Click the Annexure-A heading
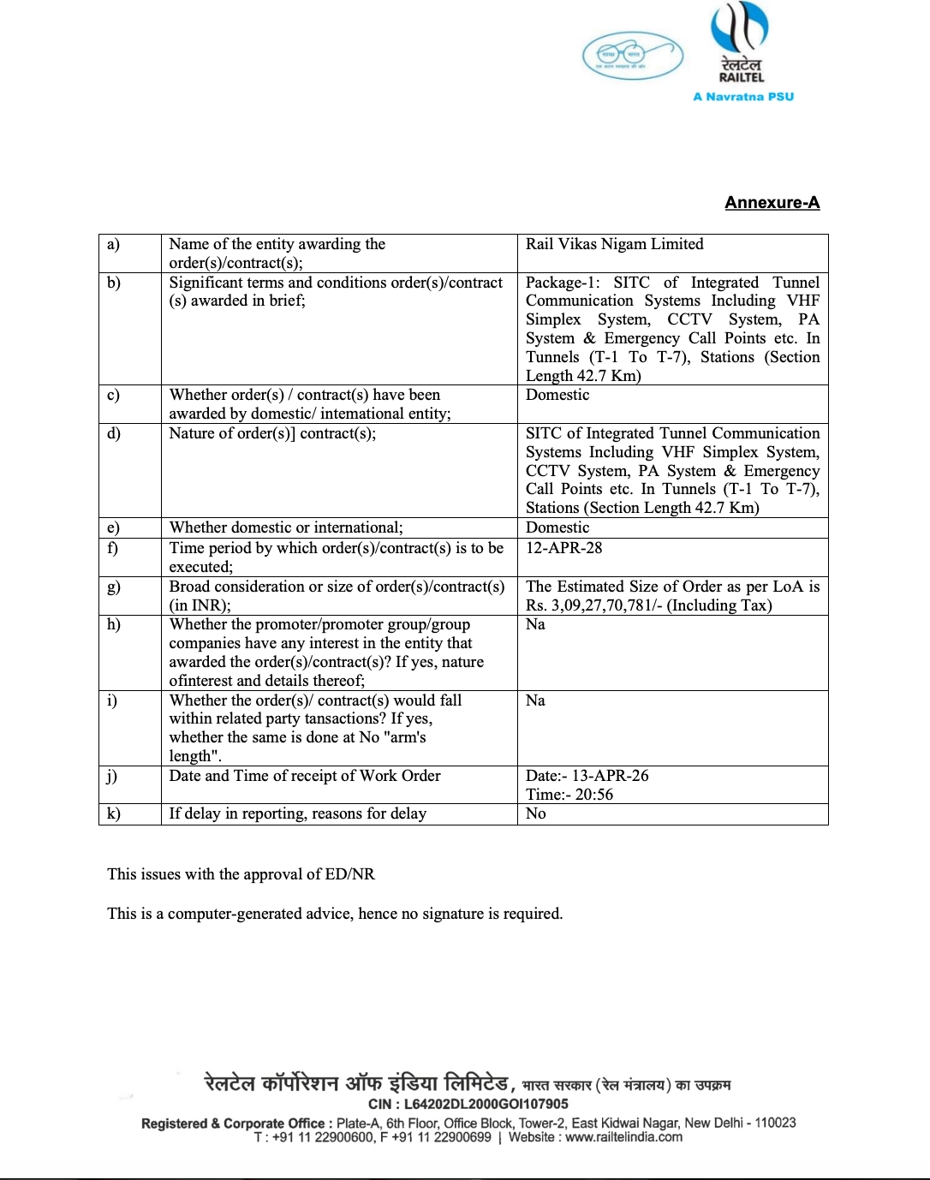(x=772, y=203)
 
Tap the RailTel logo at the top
(x=741, y=43)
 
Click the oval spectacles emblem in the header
(x=632, y=56)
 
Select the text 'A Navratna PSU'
(x=743, y=97)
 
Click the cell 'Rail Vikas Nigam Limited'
(x=614, y=244)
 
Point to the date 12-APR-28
(x=563, y=548)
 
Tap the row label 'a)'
(x=114, y=244)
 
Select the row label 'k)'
(x=114, y=813)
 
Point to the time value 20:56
(x=593, y=795)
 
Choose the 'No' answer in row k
(x=536, y=813)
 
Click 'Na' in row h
(x=535, y=624)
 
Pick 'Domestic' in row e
(x=557, y=527)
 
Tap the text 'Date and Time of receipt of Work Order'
(x=305, y=776)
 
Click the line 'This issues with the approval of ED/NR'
(x=241, y=874)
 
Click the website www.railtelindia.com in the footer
(x=623, y=1137)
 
